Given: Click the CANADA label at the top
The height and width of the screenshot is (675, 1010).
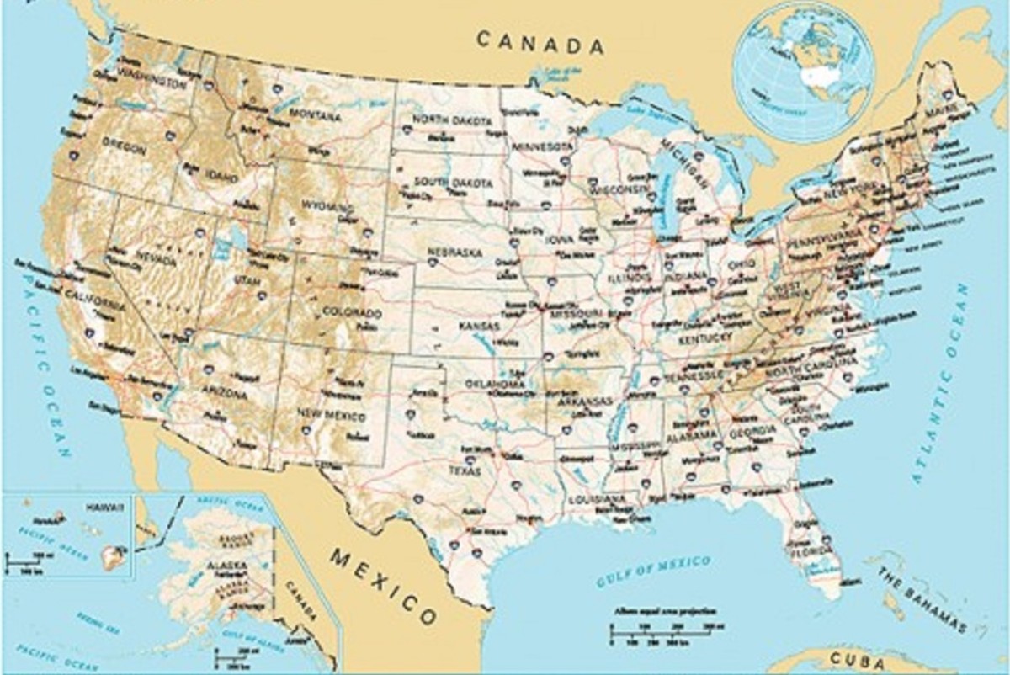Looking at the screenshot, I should click(x=540, y=42).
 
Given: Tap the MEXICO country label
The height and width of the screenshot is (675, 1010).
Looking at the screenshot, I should click(x=384, y=585).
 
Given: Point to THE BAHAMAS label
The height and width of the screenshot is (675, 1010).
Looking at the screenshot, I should click(x=922, y=600).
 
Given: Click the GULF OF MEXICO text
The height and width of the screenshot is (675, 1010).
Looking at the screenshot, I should click(x=653, y=571).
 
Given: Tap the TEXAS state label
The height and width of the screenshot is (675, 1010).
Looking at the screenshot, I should click(x=465, y=470).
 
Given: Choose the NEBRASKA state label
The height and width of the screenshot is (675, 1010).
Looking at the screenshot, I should click(x=454, y=252).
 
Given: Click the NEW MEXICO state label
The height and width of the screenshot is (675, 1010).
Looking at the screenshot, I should click(x=332, y=416).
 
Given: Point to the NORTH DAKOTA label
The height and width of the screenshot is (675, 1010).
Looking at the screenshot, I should click(x=451, y=121).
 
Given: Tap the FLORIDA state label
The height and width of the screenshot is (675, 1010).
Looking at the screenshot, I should click(x=811, y=554).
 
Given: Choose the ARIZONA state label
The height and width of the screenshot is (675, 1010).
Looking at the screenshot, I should click(x=224, y=393).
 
